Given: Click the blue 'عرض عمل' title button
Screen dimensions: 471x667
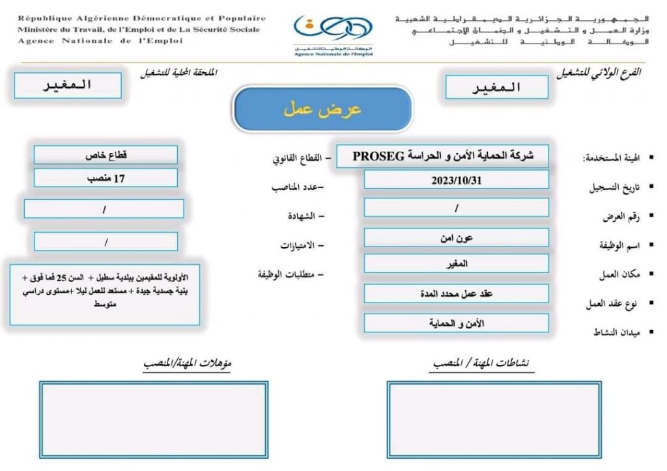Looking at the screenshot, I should pos(322,109).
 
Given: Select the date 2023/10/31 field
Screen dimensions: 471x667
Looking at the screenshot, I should pos(456,181).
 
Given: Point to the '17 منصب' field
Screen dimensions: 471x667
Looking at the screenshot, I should pos(106,178).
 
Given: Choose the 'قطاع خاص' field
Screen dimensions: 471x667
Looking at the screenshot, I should pos(106,156).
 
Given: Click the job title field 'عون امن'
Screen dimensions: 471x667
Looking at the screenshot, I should pos(456,237).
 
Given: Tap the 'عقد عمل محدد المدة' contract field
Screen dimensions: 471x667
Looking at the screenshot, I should pos(456,293).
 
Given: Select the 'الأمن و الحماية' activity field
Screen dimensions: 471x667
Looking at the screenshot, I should pos(456,323).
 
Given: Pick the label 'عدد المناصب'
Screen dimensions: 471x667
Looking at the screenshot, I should pos(298,187).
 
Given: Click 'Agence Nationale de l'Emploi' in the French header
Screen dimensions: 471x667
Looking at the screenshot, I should pos(100,40).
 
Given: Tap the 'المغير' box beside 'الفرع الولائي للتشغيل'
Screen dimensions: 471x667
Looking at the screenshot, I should pos(496,88).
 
